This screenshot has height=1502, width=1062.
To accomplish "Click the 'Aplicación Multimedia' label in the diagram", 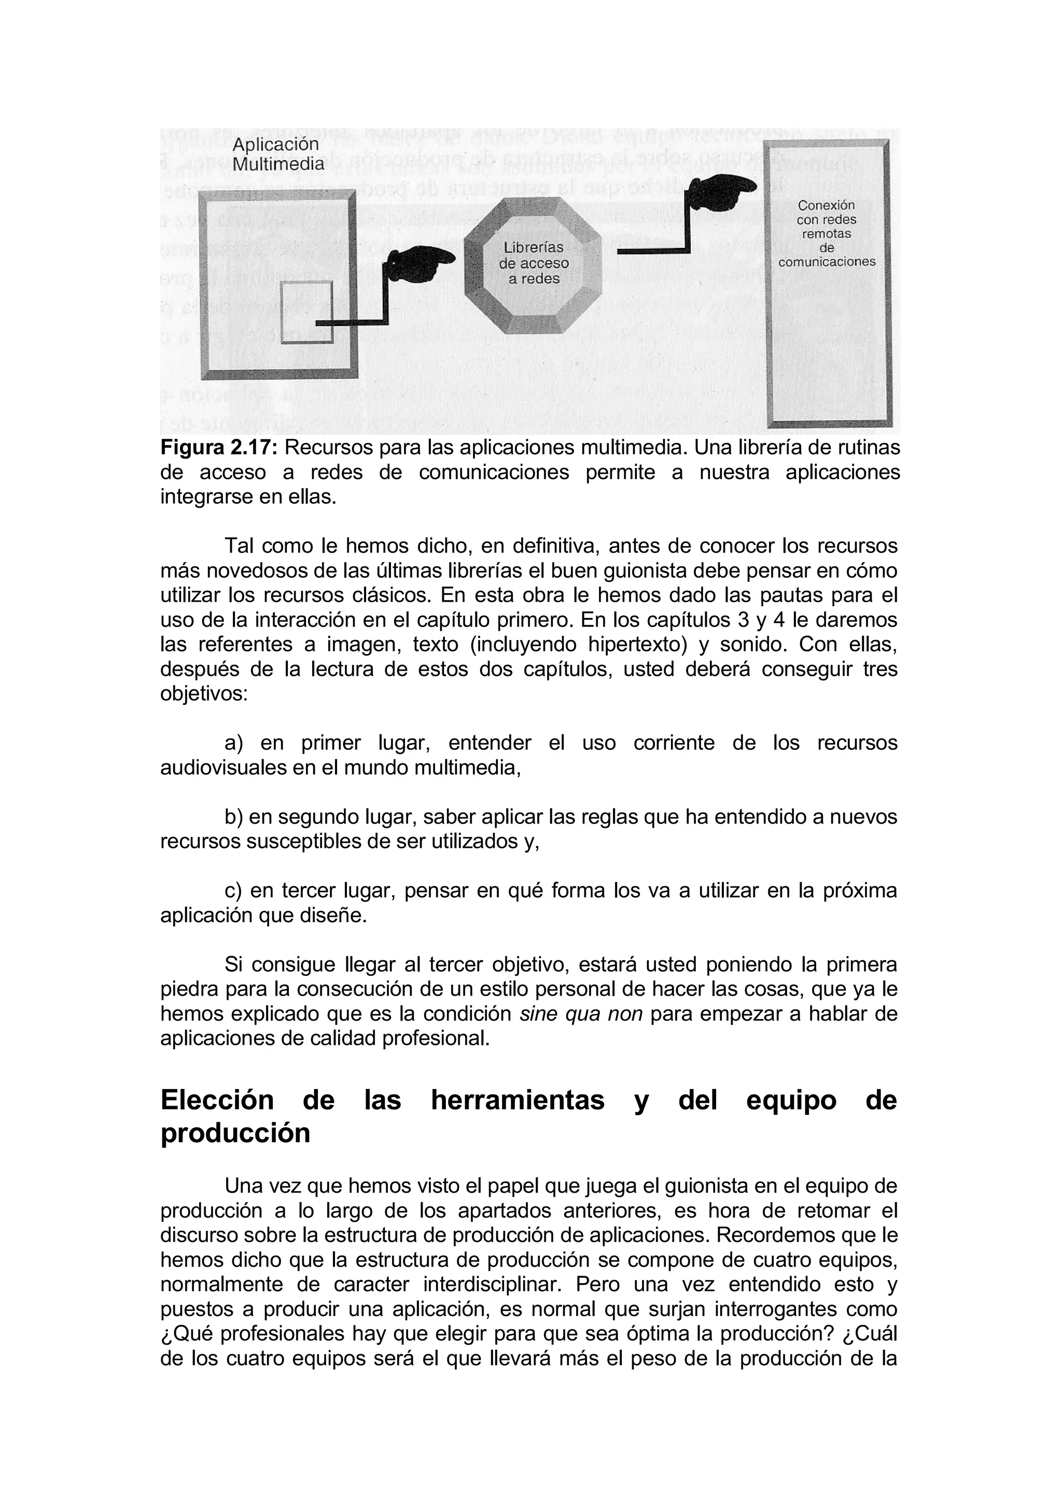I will pyautogui.click(x=278, y=154).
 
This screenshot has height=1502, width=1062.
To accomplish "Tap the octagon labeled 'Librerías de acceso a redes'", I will pyautogui.click(x=533, y=264).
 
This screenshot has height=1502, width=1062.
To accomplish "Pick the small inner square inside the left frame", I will pyautogui.click(x=306, y=311).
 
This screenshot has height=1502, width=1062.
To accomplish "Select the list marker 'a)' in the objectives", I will pyautogui.click(x=233, y=743).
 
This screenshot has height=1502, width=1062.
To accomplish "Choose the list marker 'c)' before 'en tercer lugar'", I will pyautogui.click(x=233, y=890).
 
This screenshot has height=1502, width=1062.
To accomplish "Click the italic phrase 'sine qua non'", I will pyautogui.click(x=580, y=1014).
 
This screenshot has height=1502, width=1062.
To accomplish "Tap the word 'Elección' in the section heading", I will pyautogui.click(x=217, y=1100).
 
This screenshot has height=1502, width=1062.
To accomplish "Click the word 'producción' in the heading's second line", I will pyautogui.click(x=235, y=1133).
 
